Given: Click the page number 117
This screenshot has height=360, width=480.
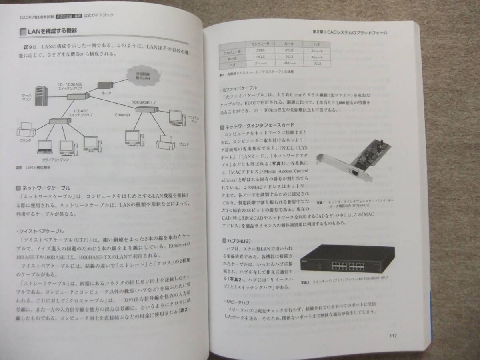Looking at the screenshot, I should [x=392, y=336].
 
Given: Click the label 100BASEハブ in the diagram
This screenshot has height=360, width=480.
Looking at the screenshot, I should [x=145, y=103].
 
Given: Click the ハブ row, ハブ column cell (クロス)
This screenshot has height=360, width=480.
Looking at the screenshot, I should [x=317, y=64].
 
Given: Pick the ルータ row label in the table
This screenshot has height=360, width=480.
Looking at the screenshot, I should [x=232, y=58].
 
